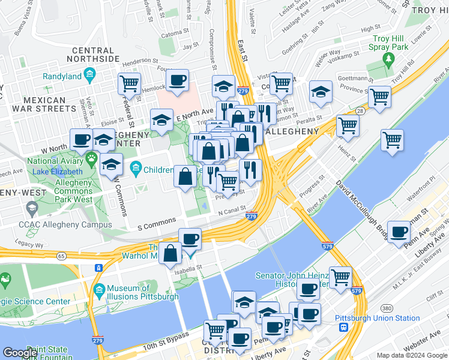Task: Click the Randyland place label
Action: tap(63, 76)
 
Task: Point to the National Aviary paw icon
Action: tap(92, 158)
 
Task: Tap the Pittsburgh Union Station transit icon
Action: tap(343, 328)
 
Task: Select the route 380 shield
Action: tap(387, 308)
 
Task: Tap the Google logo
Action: tap(20, 353)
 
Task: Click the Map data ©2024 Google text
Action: tap(412, 355)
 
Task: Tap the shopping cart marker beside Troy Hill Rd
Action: tap(379, 97)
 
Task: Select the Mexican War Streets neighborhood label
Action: tap(45, 104)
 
